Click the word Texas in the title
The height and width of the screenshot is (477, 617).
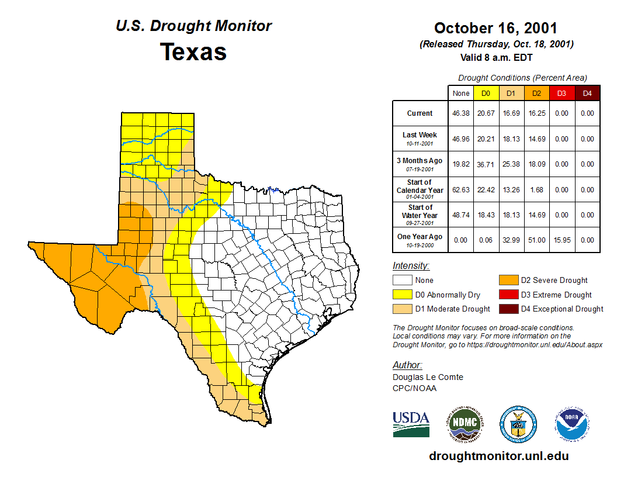(193, 52)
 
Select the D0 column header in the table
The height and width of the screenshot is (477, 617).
(486, 93)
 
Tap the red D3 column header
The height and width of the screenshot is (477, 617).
(561, 93)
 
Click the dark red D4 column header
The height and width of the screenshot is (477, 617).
(587, 93)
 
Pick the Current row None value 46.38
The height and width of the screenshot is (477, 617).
(461, 113)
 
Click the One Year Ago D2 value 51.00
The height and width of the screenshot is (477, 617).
(536, 240)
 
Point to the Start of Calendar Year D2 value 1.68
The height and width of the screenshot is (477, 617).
(536, 190)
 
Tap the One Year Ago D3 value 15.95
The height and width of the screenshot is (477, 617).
(561, 240)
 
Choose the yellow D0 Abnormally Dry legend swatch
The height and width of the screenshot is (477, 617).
(402, 295)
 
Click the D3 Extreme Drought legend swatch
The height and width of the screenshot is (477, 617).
(508, 295)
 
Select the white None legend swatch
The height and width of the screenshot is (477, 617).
(402, 281)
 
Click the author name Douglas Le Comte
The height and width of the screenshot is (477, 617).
(428, 377)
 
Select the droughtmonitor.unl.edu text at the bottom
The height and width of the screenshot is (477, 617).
(498, 456)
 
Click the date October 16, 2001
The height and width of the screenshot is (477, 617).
(495, 28)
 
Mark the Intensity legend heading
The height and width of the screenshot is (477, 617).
(411, 266)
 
